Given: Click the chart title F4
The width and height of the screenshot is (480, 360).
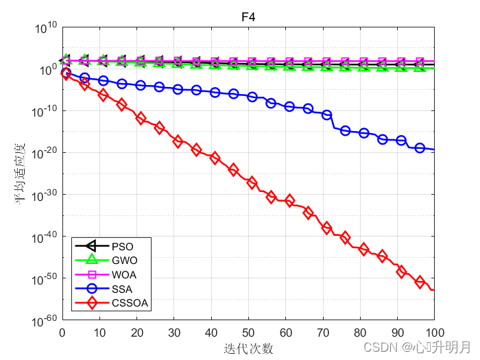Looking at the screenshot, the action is [248, 17].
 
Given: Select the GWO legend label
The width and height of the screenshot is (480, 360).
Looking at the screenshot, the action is [125, 261].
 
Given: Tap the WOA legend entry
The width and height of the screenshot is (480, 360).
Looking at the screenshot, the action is [124, 275].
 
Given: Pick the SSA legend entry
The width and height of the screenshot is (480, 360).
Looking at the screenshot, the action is [122, 289].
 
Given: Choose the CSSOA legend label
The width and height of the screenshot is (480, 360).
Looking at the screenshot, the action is [130, 303].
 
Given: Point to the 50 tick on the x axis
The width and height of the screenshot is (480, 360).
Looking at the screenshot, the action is [248, 333].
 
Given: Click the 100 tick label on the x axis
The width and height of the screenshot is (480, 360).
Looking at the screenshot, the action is [435, 333].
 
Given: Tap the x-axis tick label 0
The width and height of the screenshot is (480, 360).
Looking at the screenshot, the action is [62, 333].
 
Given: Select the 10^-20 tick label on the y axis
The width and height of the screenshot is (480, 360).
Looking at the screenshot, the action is [45, 154].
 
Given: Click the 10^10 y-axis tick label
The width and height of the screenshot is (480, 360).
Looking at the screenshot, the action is [46, 27].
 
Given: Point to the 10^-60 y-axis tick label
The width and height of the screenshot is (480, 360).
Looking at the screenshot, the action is [45, 321].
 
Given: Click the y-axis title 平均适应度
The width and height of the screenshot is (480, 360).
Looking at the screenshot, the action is [20, 173].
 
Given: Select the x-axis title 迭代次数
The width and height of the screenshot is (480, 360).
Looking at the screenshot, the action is [248, 348].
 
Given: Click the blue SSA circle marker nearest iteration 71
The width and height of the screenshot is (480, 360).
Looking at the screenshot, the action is [326, 115].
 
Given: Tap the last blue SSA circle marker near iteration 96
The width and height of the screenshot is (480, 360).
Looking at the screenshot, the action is [420, 148].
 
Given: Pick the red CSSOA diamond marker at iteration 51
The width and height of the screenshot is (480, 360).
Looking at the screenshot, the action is [252, 183].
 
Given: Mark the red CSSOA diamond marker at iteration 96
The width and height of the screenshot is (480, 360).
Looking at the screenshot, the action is [420, 282].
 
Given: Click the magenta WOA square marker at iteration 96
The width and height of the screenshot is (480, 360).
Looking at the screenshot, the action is [420, 62].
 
